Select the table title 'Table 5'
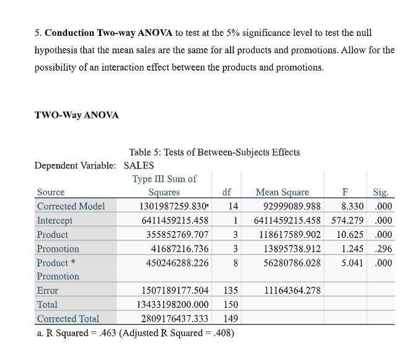point(214,152)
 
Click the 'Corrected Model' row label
point(71,206)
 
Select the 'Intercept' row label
point(55,221)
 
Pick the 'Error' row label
point(48,290)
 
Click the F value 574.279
point(348,221)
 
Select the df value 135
point(230,290)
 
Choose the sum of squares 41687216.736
point(176,248)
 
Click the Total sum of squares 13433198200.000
point(172,304)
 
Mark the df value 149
point(230,318)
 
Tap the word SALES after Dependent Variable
point(139,165)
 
